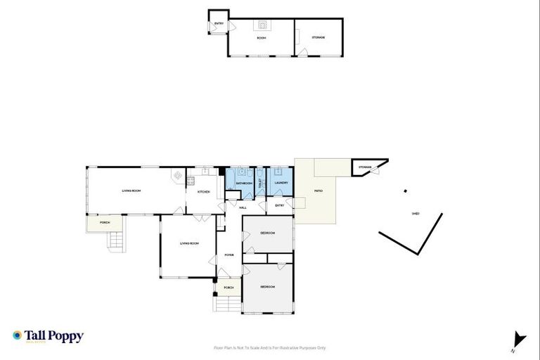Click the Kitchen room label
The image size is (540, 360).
(x=203, y=191)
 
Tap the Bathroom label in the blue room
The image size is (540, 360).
(x=243, y=184)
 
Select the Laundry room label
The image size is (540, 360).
(x=281, y=183)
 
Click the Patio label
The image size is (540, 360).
(x=318, y=191)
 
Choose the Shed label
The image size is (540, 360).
(x=416, y=214)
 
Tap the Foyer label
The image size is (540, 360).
(x=229, y=255)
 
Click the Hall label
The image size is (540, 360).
(x=243, y=207)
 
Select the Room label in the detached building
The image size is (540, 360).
(x=261, y=37)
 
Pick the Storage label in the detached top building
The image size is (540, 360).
(x=319, y=37)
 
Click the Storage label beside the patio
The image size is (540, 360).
(x=364, y=167)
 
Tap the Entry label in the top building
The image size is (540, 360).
(x=219, y=24)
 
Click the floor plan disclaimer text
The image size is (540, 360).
(x=269, y=347)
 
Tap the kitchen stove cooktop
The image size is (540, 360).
(x=191, y=180)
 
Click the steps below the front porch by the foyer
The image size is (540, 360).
(x=227, y=304)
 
